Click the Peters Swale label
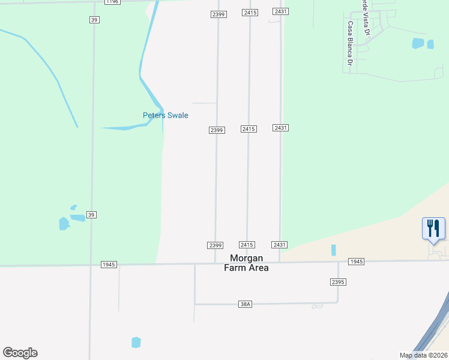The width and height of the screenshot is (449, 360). [x=165, y=115]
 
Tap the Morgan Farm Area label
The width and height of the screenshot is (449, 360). [x=246, y=263]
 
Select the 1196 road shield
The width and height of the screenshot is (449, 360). [x=112, y=2]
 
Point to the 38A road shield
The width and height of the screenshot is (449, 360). [x=245, y=304]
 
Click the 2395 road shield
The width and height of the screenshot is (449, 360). [x=337, y=282]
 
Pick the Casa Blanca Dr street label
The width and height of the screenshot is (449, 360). [x=349, y=44]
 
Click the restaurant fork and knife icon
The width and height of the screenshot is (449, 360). [x=433, y=229]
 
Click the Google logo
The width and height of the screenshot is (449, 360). [x=20, y=353]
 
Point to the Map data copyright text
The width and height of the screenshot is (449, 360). [x=423, y=355]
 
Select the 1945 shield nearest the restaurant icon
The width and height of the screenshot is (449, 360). [x=356, y=262]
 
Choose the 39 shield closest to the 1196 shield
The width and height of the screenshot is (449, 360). [x=94, y=20]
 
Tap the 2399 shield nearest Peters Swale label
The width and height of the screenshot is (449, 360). [x=217, y=130]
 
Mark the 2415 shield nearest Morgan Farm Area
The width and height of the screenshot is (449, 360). [x=247, y=245]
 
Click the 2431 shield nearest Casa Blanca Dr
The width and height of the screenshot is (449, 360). [x=280, y=12]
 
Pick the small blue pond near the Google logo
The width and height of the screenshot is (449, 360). [x=136, y=342]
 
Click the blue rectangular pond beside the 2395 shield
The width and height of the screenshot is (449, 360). [x=333, y=250]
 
